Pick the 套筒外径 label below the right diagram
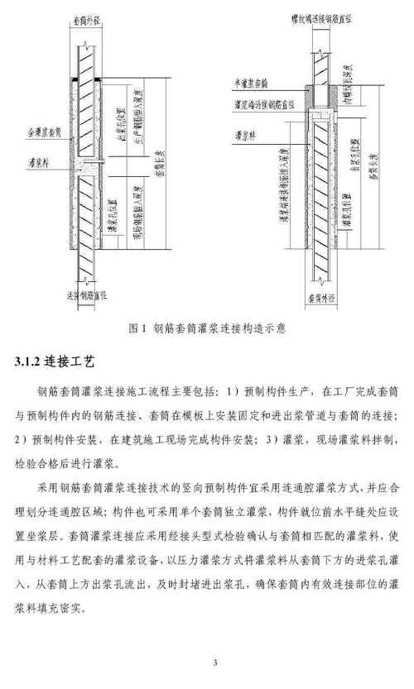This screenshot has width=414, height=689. tap(319, 292)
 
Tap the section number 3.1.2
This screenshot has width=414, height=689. tap(31, 362)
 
